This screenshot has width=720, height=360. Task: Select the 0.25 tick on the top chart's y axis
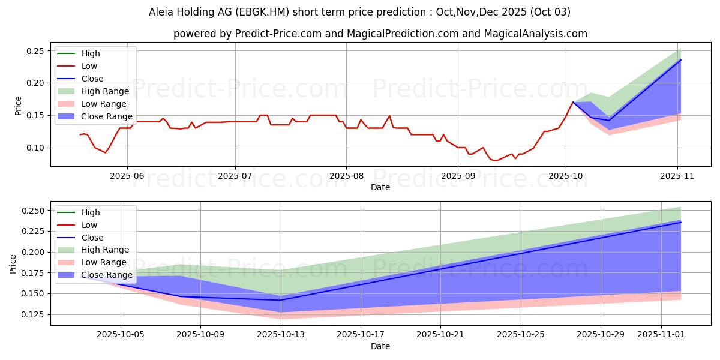[35, 51]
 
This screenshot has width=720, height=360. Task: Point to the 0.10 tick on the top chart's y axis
[35, 148]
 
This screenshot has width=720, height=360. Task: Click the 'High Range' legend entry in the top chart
[105, 91]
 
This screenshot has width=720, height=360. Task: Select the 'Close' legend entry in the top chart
[92, 79]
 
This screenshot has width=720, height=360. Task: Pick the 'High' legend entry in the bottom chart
[91, 212]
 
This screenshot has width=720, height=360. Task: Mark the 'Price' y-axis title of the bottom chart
[13, 263]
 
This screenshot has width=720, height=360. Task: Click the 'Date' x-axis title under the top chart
[380, 187]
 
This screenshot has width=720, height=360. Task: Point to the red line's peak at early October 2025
[573, 102]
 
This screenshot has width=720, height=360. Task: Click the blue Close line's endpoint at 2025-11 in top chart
[680, 59]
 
